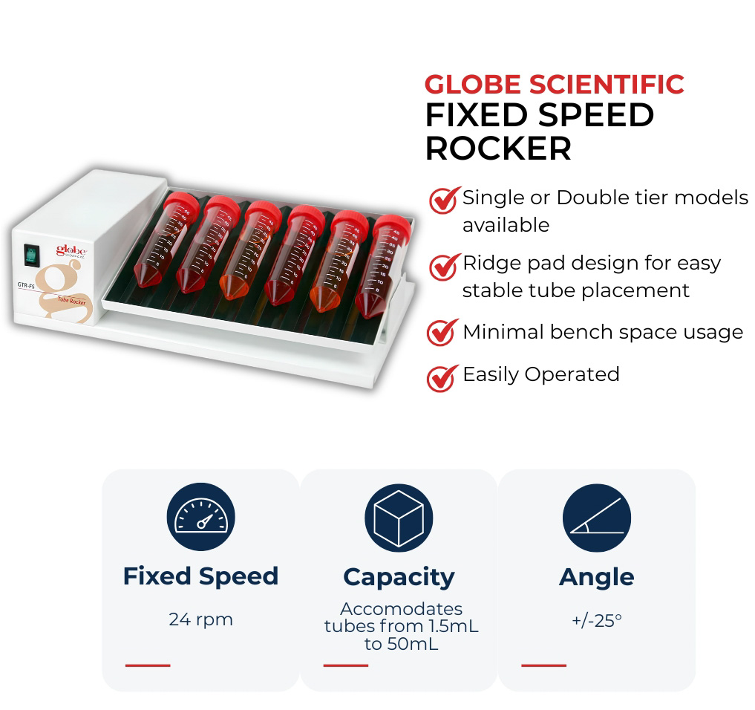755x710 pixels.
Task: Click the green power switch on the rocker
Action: [x=31, y=255]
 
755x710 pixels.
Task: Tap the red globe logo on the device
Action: [x=71, y=250]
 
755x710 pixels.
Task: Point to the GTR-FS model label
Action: [x=26, y=285]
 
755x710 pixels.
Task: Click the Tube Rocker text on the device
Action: [x=72, y=301]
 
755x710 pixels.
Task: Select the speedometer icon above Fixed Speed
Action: [x=200, y=516]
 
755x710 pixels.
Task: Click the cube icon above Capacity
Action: [x=399, y=518]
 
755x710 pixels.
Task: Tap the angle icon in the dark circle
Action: [x=597, y=518]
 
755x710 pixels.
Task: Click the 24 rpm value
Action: [x=200, y=619]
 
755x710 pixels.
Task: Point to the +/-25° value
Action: [x=597, y=620]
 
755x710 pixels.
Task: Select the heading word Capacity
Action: [x=399, y=577]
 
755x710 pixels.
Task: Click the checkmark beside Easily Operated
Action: [x=442, y=378]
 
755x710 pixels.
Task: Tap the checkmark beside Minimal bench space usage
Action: [x=442, y=333]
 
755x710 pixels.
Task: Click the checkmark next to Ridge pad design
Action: [x=444, y=267]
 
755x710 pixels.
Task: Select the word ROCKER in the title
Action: [x=498, y=148]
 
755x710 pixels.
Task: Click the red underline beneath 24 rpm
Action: [x=148, y=665]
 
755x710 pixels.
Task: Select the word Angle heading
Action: [x=597, y=577]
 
